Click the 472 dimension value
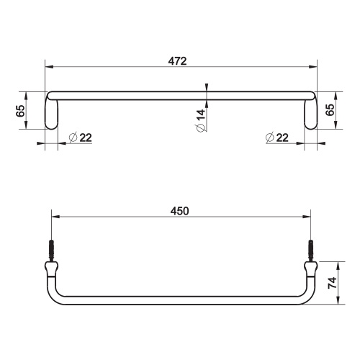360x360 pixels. pos(179,62)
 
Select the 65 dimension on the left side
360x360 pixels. pos(20,110)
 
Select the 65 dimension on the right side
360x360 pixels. pos(330,110)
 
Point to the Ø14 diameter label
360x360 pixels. pos(201,118)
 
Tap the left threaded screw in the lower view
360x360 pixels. pos(52,251)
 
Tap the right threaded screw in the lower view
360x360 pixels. pos(311,251)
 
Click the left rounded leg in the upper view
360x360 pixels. pos(53,114)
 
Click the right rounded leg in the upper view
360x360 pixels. pos(310,114)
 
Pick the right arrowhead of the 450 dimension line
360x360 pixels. pos(307,218)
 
